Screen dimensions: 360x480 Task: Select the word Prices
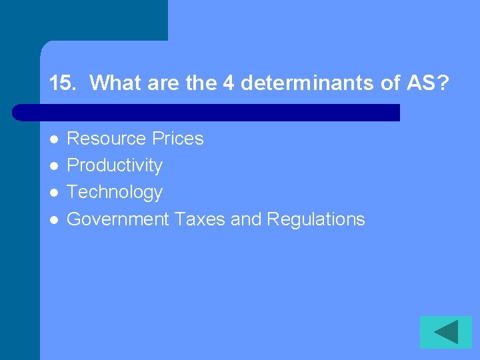(x=177, y=139)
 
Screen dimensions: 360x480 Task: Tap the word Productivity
(x=115, y=165)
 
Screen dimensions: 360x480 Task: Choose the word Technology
(x=115, y=192)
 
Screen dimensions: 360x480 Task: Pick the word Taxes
(x=200, y=219)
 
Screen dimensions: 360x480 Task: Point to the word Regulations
(x=315, y=219)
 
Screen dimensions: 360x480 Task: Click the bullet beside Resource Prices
(x=54, y=139)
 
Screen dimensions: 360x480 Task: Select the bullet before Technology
(x=54, y=193)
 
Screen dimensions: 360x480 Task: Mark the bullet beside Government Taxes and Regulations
(x=54, y=219)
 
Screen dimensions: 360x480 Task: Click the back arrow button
(x=445, y=332)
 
